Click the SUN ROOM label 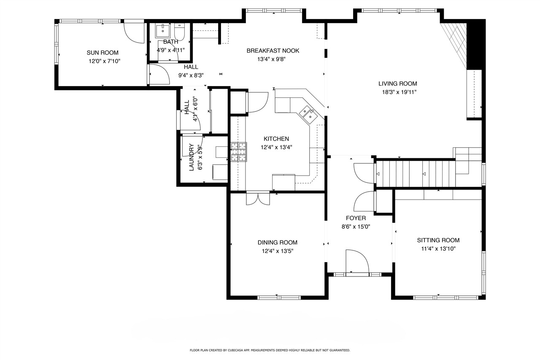point(103,53)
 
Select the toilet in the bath point(179,32)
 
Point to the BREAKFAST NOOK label point(273,51)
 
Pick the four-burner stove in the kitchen point(239,152)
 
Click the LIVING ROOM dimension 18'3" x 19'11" point(399,92)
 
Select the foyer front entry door point(357,261)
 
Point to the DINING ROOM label point(278,242)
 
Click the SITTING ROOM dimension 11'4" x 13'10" point(438,249)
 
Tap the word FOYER point(356,218)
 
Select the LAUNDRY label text point(192,157)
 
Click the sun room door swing point(134,33)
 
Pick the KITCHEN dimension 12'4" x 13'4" point(276,147)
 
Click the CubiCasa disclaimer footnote point(270,350)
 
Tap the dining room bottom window point(279,298)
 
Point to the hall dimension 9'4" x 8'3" point(191,76)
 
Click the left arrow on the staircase point(378,174)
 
